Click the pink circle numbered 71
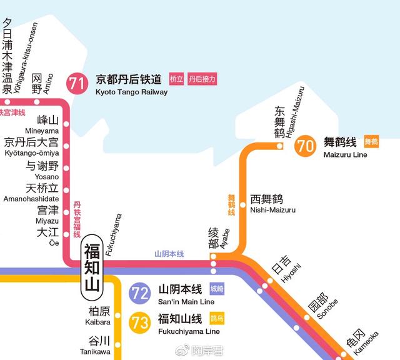[x=77, y=84]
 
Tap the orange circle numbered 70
[x=306, y=146]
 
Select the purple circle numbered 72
[x=140, y=293]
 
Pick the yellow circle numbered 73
[x=140, y=322]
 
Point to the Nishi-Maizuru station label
[x=273, y=210]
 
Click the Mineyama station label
[x=42, y=131]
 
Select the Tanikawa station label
[x=98, y=350]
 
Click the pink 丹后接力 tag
[x=202, y=79]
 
